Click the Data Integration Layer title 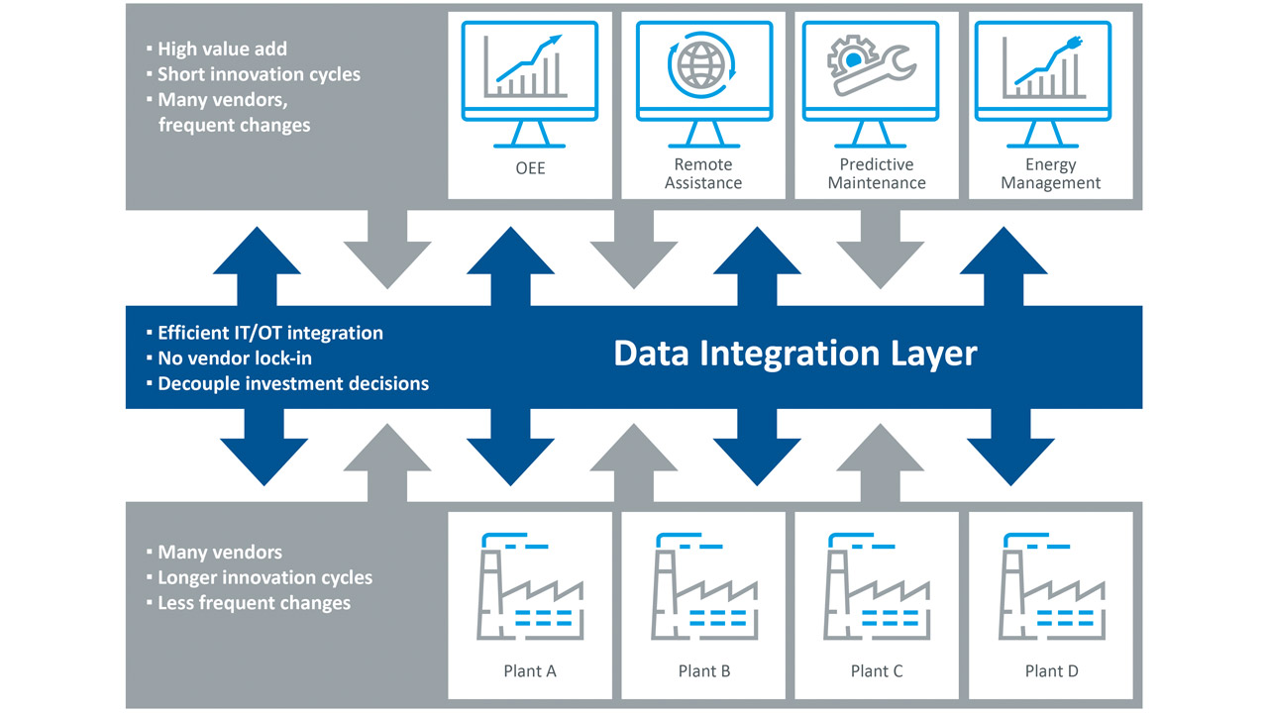tap(794, 355)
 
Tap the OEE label tap(530, 168)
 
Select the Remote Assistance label tap(703, 173)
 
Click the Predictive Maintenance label tap(877, 173)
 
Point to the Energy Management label tap(1050, 173)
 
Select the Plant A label tap(530, 671)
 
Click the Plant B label tap(703, 671)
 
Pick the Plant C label tap(877, 671)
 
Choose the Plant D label tap(1050, 671)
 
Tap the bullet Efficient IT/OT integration tap(269, 333)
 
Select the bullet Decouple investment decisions tap(292, 383)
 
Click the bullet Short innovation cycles tap(259, 74)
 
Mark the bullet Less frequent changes tap(254, 602)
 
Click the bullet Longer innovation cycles tap(264, 577)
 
